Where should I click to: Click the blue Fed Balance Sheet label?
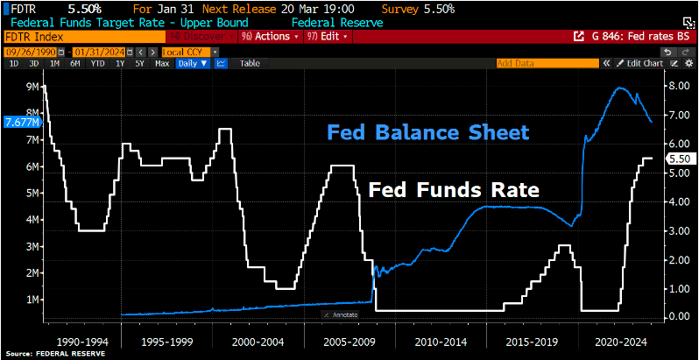[x=427, y=132]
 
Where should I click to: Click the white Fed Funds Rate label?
[x=452, y=189]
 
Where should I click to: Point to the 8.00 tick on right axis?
[x=678, y=86]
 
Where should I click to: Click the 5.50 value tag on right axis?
[x=679, y=159]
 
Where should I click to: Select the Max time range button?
[x=162, y=63]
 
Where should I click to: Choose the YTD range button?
[x=97, y=63]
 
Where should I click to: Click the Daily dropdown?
[x=192, y=63]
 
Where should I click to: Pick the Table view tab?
[x=250, y=63]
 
